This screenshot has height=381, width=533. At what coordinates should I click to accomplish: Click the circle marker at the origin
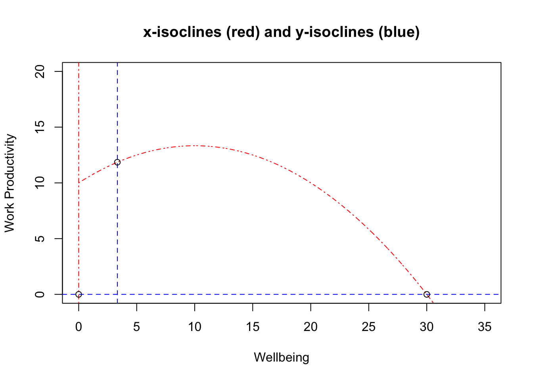[x=79, y=294]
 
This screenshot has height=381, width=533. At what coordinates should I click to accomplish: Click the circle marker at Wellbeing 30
[x=427, y=294]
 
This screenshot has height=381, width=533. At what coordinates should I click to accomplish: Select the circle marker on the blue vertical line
[x=117, y=162]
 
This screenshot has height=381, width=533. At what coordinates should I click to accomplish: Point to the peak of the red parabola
[x=195, y=146]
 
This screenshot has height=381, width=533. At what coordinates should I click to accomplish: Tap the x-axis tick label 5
[x=136, y=327]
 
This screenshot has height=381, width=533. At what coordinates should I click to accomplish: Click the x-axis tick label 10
[x=195, y=327]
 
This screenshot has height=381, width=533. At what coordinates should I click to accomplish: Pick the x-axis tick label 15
[x=253, y=327]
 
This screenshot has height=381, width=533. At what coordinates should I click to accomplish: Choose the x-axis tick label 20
[x=311, y=327]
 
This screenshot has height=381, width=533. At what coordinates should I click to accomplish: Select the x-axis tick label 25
[x=369, y=327]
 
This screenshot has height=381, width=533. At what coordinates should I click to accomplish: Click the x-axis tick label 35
[x=485, y=327]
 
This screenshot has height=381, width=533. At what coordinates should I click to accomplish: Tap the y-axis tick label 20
[x=40, y=71]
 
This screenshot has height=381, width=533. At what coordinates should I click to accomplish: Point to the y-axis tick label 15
[x=40, y=127]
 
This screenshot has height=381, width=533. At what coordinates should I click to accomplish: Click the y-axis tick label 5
[x=40, y=239]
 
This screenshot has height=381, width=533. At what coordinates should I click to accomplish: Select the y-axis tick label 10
[x=40, y=183]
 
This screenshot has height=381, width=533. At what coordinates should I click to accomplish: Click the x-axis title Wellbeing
[x=282, y=358]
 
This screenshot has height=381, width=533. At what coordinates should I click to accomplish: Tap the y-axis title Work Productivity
[x=10, y=183]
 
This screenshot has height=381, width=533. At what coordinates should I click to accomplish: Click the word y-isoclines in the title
[x=334, y=32]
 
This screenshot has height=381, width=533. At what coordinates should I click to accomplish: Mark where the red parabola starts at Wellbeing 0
[x=79, y=183]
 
